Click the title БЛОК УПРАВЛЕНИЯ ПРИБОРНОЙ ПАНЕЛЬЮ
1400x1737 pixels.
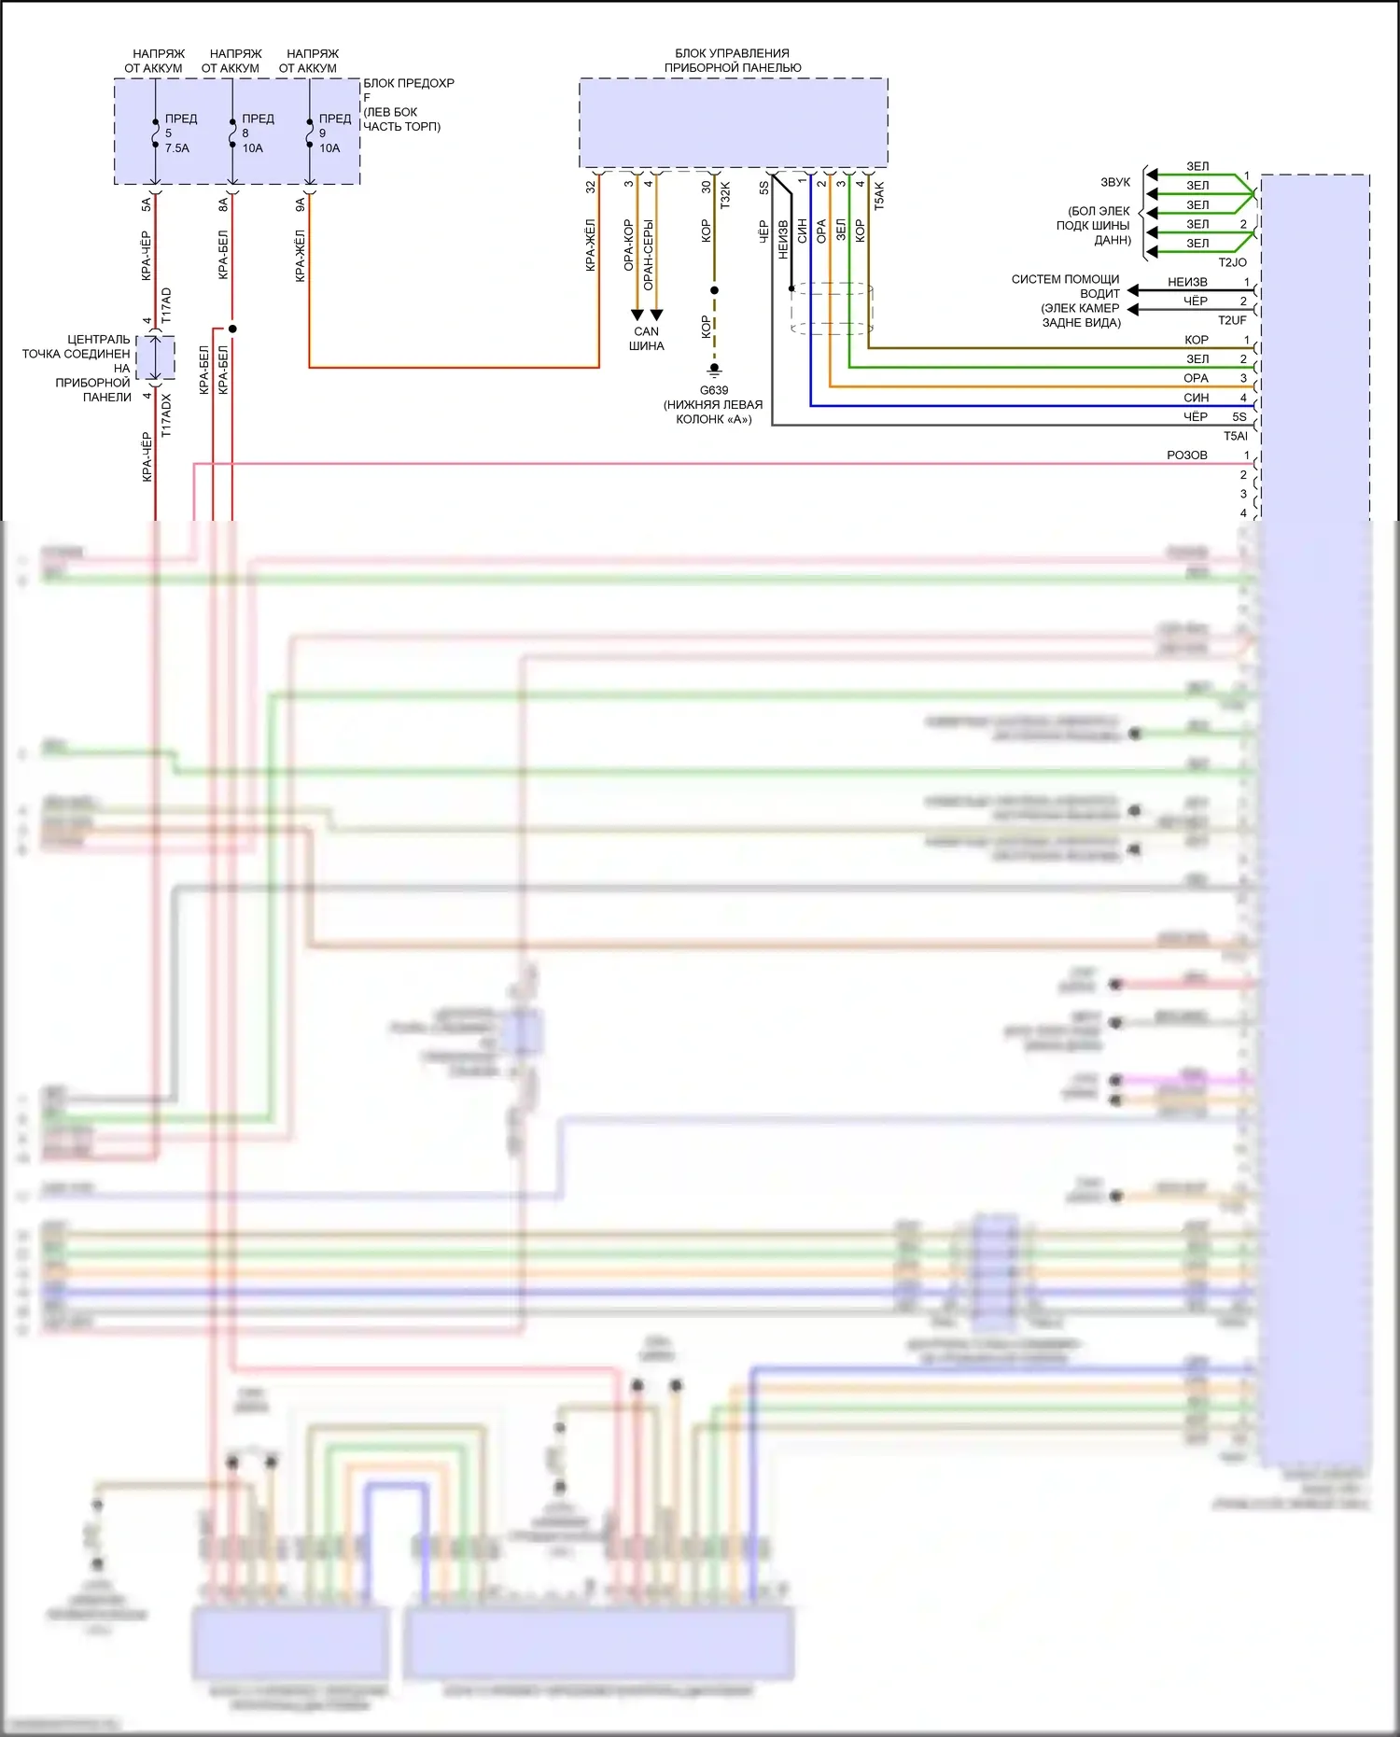(733, 61)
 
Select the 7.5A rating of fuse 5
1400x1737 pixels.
(177, 148)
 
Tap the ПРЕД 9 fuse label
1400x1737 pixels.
(334, 125)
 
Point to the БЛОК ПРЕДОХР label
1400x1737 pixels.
(409, 83)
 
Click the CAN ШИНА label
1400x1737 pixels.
(646, 339)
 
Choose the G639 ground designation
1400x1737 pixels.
(714, 390)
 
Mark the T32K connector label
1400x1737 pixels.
(725, 194)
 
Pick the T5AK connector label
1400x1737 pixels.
(878, 195)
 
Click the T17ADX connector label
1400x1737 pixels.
(166, 415)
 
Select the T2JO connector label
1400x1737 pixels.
(1232, 262)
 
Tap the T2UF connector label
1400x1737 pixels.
(1232, 320)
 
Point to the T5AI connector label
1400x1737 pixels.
(1235, 436)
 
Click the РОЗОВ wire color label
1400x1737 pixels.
(1186, 455)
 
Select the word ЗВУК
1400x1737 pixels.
(1115, 182)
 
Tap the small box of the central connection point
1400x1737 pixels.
(155, 357)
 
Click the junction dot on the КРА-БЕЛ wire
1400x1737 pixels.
(232, 329)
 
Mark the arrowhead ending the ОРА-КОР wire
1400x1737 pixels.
(637, 315)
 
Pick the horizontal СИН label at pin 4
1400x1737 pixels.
(1196, 398)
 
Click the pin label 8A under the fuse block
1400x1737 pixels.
(223, 204)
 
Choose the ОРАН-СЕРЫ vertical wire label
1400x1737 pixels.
(649, 255)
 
